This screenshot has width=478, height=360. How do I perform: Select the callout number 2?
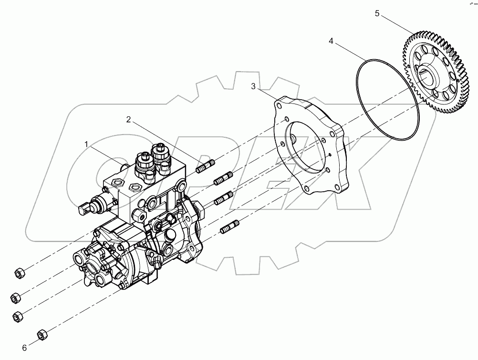click(128, 119)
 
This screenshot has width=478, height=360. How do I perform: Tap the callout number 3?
click(254, 86)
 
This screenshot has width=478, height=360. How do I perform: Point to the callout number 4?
click(331, 41)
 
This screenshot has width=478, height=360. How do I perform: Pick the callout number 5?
click(377, 13)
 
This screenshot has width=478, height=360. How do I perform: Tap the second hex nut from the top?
click(15, 298)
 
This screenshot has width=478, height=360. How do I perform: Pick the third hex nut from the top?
click(18, 316)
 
